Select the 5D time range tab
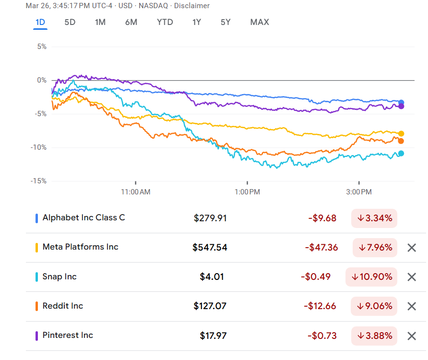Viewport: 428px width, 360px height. tap(70, 22)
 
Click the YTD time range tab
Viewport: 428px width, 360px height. tap(165, 22)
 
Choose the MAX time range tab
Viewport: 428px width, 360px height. tap(260, 22)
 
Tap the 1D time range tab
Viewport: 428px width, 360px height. tap(40, 22)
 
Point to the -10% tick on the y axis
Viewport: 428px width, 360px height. tap(38, 147)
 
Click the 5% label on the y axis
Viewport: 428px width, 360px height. tap(42, 47)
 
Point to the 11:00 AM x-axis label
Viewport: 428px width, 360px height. tap(135, 192)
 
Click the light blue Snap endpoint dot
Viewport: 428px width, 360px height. tap(401, 154)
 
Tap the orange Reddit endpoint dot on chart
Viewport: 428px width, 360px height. tap(401, 141)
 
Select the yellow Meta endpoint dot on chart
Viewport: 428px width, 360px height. tap(401, 133)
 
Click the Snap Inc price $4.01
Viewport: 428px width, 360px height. tap(212, 277)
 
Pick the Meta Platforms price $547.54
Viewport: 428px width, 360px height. tap(210, 248)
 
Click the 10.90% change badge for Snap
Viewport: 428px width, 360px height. tap(371, 277)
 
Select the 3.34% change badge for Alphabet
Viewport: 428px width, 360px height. tap(374, 218)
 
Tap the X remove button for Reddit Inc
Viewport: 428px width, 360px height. tap(411, 306)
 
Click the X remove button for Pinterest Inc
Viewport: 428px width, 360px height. tap(411, 336)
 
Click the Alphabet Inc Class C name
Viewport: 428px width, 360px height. tap(83, 218)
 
